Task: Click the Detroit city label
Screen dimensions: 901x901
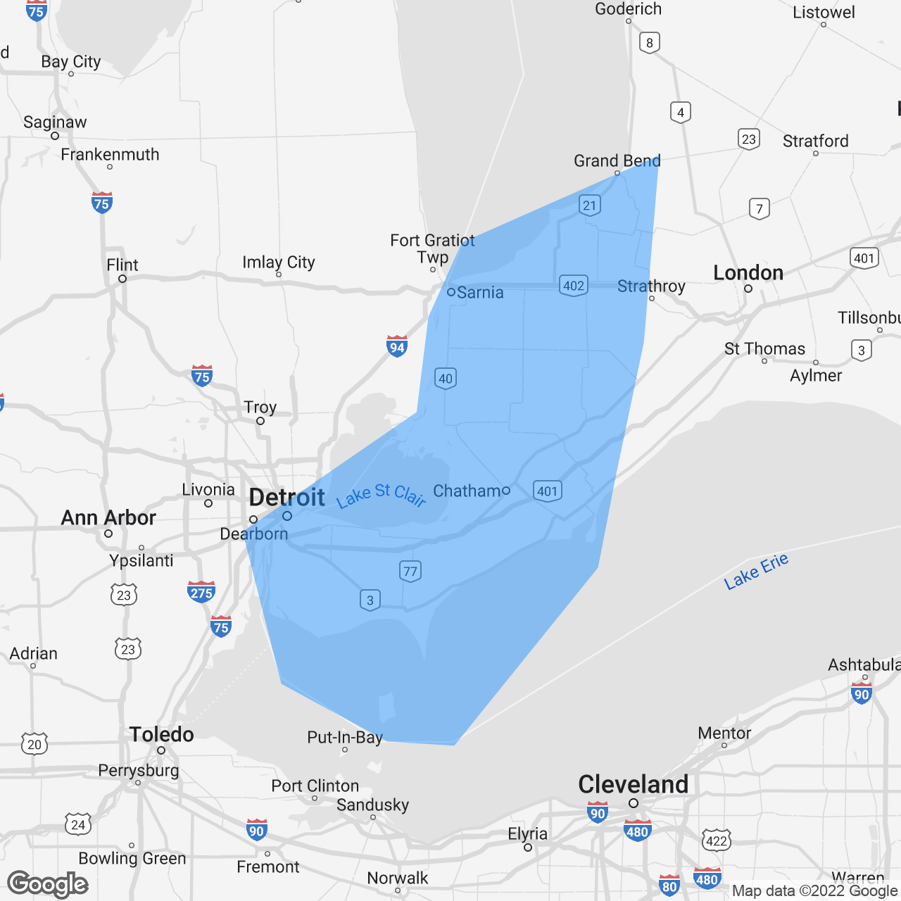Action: (x=287, y=498)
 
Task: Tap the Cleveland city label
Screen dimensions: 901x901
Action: (x=633, y=784)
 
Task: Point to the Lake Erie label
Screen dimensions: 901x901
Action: (x=756, y=571)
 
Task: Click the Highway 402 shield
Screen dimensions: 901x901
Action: (x=574, y=285)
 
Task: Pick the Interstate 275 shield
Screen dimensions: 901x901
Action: (x=201, y=592)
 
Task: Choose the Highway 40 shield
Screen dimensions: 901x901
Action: (x=446, y=379)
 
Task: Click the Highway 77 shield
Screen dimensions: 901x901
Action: (x=410, y=571)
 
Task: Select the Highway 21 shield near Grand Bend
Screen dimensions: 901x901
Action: (x=590, y=206)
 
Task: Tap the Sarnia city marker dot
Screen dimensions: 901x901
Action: (x=451, y=292)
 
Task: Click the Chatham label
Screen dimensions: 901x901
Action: (x=467, y=491)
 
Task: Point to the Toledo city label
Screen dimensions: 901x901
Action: (x=161, y=734)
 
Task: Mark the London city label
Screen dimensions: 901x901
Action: (x=748, y=272)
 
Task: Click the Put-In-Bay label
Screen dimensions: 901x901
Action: (x=345, y=737)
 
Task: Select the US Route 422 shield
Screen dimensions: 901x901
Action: (x=717, y=840)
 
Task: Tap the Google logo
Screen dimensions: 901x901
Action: (x=48, y=883)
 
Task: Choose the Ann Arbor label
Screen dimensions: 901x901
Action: (x=108, y=517)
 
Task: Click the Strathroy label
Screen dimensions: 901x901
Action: (x=651, y=286)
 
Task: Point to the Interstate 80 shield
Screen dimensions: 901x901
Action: (x=669, y=886)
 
